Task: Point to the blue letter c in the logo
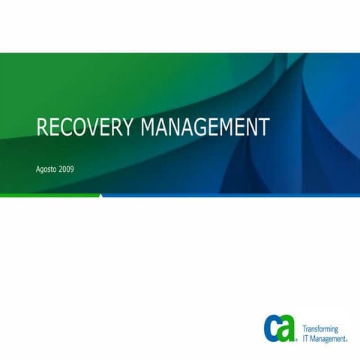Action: coord(273,328)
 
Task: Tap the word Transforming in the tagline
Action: coord(320,329)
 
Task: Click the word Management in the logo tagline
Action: coord(328,338)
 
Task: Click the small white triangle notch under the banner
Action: coord(100,196)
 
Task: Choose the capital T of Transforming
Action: coord(304,329)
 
